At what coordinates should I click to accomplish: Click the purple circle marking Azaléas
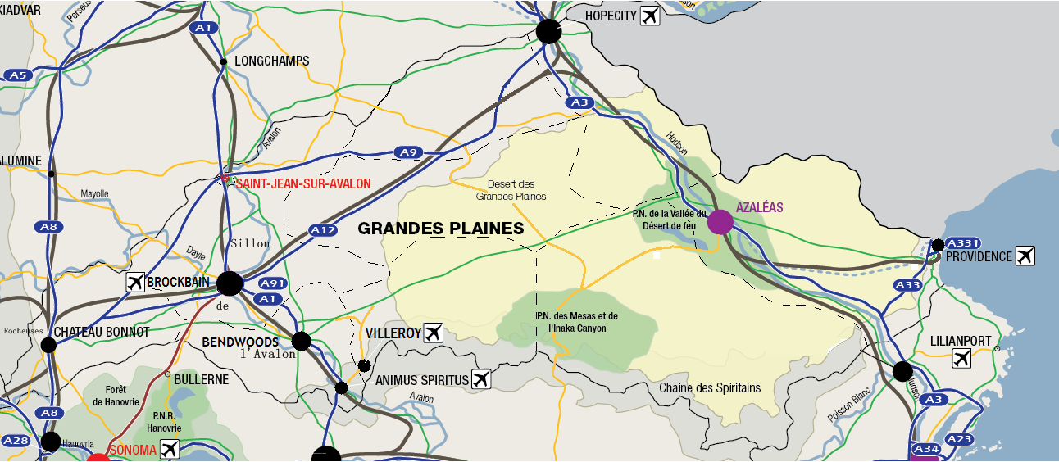coord(720,222)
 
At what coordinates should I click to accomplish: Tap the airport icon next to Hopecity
coord(650,16)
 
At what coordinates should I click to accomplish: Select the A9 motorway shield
coord(407,152)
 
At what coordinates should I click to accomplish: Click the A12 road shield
coord(323,231)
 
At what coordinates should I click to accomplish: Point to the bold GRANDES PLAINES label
coord(440,229)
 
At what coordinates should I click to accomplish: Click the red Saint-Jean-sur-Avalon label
coord(302,184)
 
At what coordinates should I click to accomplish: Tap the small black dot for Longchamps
coord(223,61)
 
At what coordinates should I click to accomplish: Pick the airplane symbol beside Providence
coord(1025,256)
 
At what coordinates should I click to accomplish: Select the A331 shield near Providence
coord(962,243)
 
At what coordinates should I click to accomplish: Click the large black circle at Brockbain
coord(230,283)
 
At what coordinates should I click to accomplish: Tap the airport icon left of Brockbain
coord(135,283)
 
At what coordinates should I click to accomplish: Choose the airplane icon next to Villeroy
coord(434,333)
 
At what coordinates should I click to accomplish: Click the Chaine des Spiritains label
coord(710,387)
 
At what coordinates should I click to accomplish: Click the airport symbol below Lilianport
coord(962,358)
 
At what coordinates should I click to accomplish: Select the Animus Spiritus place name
coord(421,380)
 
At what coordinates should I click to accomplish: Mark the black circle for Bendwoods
coord(301,341)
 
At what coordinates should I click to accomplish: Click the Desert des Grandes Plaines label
coord(511,190)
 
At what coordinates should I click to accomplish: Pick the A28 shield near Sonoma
coord(16,442)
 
